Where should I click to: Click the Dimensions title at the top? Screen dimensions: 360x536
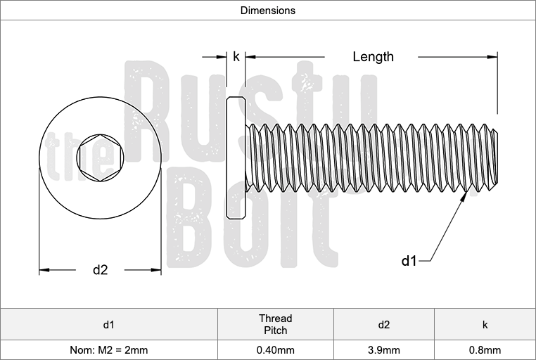[268, 11]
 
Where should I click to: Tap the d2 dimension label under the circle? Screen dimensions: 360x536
[100, 269]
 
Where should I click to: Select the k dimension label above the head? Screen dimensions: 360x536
[236, 57]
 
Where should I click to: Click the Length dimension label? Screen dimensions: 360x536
[373, 57]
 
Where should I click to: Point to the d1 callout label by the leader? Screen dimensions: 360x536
[409, 261]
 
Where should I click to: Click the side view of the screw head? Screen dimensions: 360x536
[236, 157]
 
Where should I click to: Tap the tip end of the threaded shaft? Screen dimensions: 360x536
[494, 158]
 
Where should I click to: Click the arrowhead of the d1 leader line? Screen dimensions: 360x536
[464, 200]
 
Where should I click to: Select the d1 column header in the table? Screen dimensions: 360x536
[109, 324]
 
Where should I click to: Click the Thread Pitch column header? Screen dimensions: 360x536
[275, 324]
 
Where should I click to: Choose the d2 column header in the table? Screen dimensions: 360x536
[383, 324]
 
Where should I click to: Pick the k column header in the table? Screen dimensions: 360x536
[485, 324]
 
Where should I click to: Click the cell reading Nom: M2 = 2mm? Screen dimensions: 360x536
[109, 349]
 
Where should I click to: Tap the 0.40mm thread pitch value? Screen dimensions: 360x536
[275, 349]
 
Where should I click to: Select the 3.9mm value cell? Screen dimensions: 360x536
[383, 349]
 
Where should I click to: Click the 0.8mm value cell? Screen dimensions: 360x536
[485, 349]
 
